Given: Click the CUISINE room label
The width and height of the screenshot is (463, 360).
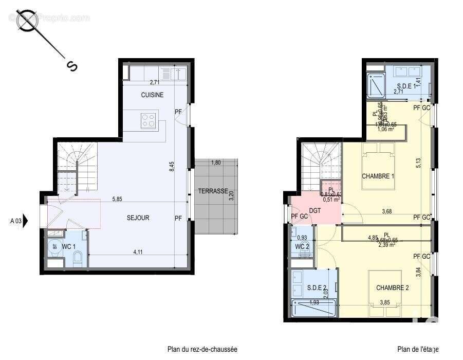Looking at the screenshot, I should [x=153, y=95].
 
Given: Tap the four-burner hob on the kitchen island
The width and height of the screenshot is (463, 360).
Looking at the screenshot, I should [x=149, y=120].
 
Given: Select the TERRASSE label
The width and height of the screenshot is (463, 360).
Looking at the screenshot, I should [x=213, y=191].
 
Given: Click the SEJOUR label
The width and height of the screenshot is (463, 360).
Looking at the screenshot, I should [x=138, y=218].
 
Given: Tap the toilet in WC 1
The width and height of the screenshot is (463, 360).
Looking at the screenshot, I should [x=78, y=260].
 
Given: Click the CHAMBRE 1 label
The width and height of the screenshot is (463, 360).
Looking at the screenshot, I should [x=378, y=176].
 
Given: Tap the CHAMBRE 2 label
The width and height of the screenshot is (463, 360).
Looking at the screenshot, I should [x=392, y=287].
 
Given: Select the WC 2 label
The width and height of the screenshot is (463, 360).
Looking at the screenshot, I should [x=301, y=246].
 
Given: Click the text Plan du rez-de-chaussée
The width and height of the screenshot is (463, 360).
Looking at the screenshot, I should [x=202, y=349].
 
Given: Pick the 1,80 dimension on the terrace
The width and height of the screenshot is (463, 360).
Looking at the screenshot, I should [x=216, y=163].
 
